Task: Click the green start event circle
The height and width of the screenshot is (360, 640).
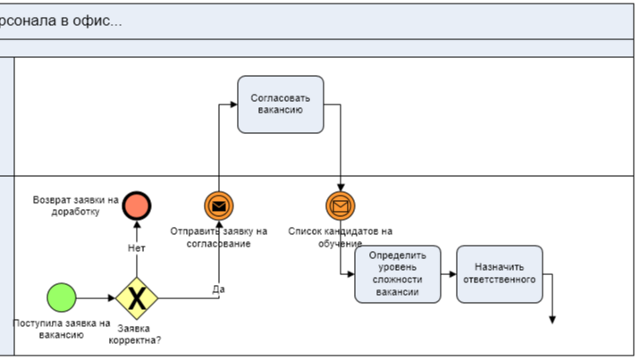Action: coord(62,297)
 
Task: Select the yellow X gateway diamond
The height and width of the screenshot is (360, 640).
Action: coord(137,297)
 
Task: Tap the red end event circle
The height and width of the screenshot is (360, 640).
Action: coord(137,206)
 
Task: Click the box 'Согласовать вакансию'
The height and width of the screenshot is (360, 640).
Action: coord(281,105)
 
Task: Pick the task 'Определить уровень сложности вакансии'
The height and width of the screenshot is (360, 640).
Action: coord(397,273)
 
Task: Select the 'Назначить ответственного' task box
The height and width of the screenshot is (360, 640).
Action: coord(499,273)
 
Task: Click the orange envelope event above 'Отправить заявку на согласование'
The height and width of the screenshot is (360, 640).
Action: coord(219,206)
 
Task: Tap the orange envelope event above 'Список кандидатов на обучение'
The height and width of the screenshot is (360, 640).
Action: coord(341,206)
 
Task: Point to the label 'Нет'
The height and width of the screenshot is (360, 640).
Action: coord(137,247)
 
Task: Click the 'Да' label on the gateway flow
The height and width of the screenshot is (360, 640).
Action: coord(218,289)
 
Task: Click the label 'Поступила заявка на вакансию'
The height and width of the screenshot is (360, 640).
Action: coord(62,329)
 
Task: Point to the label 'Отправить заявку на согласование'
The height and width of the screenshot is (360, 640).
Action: coord(219,237)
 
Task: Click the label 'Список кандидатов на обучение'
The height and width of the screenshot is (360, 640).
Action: coord(340,237)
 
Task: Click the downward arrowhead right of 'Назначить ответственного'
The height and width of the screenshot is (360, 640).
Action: coord(554,318)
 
